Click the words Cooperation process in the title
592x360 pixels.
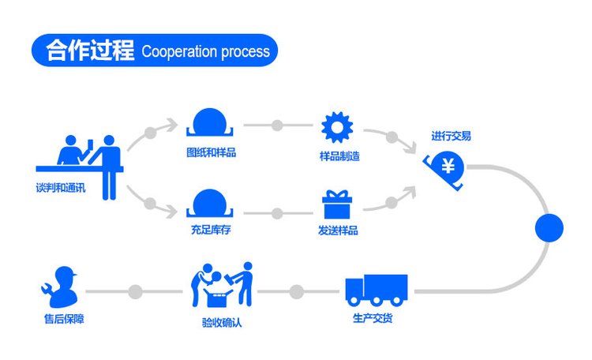tap(205, 52)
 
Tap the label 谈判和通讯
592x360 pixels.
tap(61, 189)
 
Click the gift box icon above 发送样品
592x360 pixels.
tap(337, 205)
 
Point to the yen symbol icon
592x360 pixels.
tap(447, 167)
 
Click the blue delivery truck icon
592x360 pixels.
tap(376, 290)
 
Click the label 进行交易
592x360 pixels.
tap(451, 137)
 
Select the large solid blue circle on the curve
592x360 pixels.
tap(549, 228)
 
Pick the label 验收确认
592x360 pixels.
tap(222, 322)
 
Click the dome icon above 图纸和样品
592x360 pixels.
tap(210, 123)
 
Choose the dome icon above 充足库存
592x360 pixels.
tap(210, 203)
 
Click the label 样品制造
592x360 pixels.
tap(339, 156)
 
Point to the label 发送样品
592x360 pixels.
tap(338, 231)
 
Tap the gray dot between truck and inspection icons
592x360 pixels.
tap(297, 292)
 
